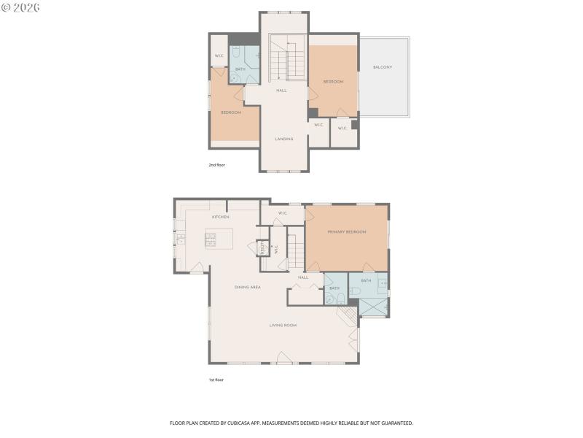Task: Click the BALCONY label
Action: coord(383,67)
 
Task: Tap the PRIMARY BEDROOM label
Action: coord(347,231)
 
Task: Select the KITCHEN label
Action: coord(221,217)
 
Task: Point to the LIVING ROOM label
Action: coord(283,325)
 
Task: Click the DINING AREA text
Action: coord(248,287)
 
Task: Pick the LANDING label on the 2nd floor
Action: coord(283,139)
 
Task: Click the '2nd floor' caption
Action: coord(217,165)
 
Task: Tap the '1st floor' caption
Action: coord(216,380)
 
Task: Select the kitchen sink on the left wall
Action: coord(180,239)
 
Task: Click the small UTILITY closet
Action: coord(261,249)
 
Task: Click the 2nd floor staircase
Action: coord(288,63)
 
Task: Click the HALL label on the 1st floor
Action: coord(303,277)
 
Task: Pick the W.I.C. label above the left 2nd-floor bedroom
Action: coord(219,56)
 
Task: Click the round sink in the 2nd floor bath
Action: coord(235,79)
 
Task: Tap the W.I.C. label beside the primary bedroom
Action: coord(282,213)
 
